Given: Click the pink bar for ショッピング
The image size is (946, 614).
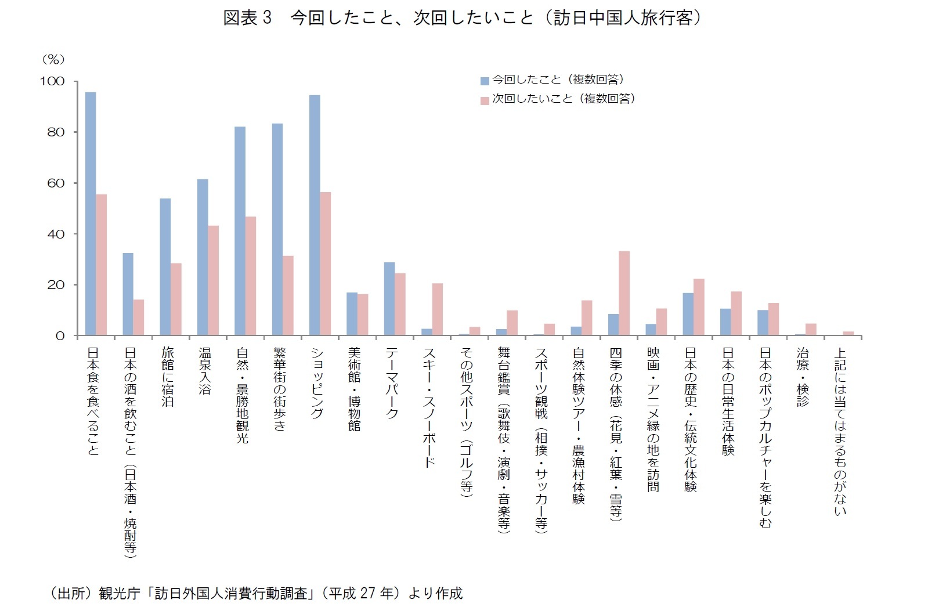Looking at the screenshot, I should pyautogui.click(x=326, y=263).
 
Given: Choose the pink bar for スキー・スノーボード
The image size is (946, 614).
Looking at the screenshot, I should pyautogui.click(x=438, y=309).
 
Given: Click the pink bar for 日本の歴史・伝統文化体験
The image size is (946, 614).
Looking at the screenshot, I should pyautogui.click(x=699, y=307).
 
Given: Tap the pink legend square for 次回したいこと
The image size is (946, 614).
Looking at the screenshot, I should pyautogui.click(x=485, y=100).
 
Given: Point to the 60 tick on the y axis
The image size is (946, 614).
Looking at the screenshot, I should pyautogui.click(x=56, y=183).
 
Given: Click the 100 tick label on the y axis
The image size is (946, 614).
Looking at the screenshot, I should pyautogui.click(x=52, y=81).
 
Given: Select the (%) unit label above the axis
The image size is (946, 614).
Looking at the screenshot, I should pyautogui.click(x=53, y=60).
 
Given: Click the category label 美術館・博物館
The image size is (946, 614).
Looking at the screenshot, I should pyautogui.click(x=354, y=389).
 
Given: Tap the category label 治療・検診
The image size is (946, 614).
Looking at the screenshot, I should pyautogui.click(x=803, y=377).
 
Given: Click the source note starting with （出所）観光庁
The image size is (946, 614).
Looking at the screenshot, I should pyautogui.click(x=255, y=593).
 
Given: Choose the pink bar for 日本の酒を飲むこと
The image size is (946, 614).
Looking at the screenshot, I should pyautogui.click(x=138, y=317).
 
